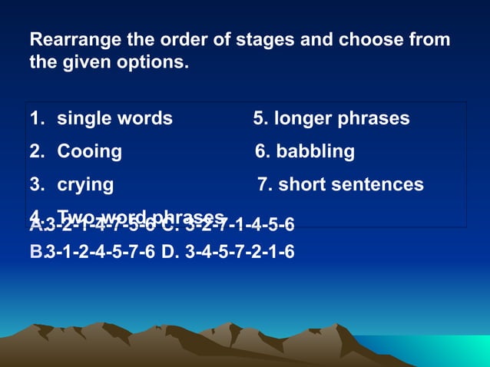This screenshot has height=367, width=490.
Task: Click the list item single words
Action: [114, 119]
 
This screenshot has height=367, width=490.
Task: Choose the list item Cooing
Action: [89, 151]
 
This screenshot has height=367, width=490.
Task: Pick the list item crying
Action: [85, 185]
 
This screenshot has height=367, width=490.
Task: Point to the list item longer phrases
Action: [342, 119]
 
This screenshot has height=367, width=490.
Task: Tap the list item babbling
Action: [315, 151]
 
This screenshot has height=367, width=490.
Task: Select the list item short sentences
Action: [351, 185]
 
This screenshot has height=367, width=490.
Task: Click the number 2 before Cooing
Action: [35, 151]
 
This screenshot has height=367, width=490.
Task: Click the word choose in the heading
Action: [370, 39]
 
